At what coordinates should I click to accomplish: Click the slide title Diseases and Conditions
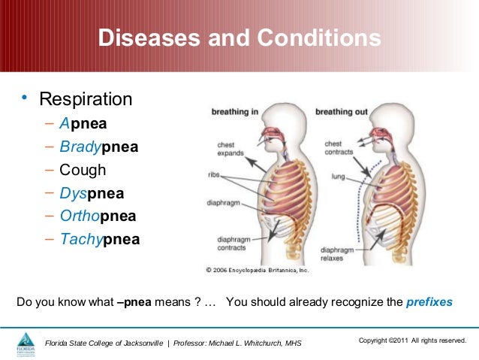239,38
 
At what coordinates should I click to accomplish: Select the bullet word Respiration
86,99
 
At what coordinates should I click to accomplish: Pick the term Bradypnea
98,147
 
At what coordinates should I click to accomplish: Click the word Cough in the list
83,170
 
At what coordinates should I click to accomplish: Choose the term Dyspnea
92,193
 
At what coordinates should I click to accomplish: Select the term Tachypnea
99,240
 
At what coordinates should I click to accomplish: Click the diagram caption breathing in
235,112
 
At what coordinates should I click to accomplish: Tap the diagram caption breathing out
342,112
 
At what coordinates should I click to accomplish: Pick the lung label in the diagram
338,177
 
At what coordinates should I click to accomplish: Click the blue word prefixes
429,303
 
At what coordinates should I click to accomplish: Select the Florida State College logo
26,343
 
